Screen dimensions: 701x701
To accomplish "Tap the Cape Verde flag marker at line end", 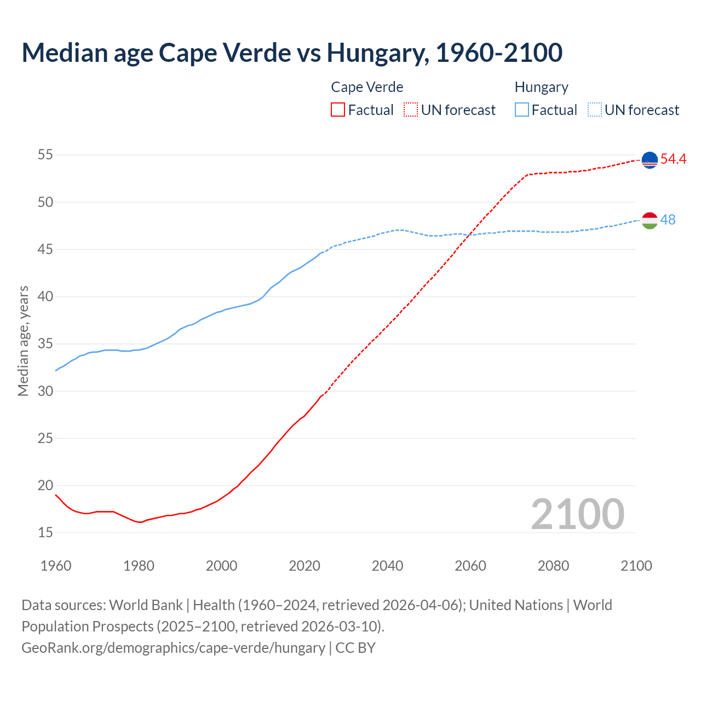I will click(650, 159).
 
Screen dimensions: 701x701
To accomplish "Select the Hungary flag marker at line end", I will click(650, 220).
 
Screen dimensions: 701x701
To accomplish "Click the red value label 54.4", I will click(673, 159).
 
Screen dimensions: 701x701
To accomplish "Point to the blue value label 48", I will click(668, 220).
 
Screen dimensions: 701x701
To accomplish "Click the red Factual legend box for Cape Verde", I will click(338, 110).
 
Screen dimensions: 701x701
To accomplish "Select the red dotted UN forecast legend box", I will click(411, 110).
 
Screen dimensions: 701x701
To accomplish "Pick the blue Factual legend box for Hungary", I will click(522, 110).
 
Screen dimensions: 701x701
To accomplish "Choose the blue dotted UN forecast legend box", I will click(595, 110).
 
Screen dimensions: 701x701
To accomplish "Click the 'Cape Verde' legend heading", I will click(367, 87).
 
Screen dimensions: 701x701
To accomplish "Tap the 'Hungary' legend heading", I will click(541, 87).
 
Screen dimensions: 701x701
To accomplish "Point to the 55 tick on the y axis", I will click(45, 155).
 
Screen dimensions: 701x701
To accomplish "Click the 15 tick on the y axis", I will click(45, 532).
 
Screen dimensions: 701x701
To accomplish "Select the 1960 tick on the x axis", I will click(56, 566).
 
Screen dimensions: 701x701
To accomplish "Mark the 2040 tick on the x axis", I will click(387, 566).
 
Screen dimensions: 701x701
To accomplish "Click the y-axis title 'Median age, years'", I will click(23, 341).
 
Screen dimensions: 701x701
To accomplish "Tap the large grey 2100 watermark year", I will click(577, 514).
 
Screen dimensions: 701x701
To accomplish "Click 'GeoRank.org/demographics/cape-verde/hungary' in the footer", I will click(173, 647).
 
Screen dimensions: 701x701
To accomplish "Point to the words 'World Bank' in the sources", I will click(146, 605).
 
